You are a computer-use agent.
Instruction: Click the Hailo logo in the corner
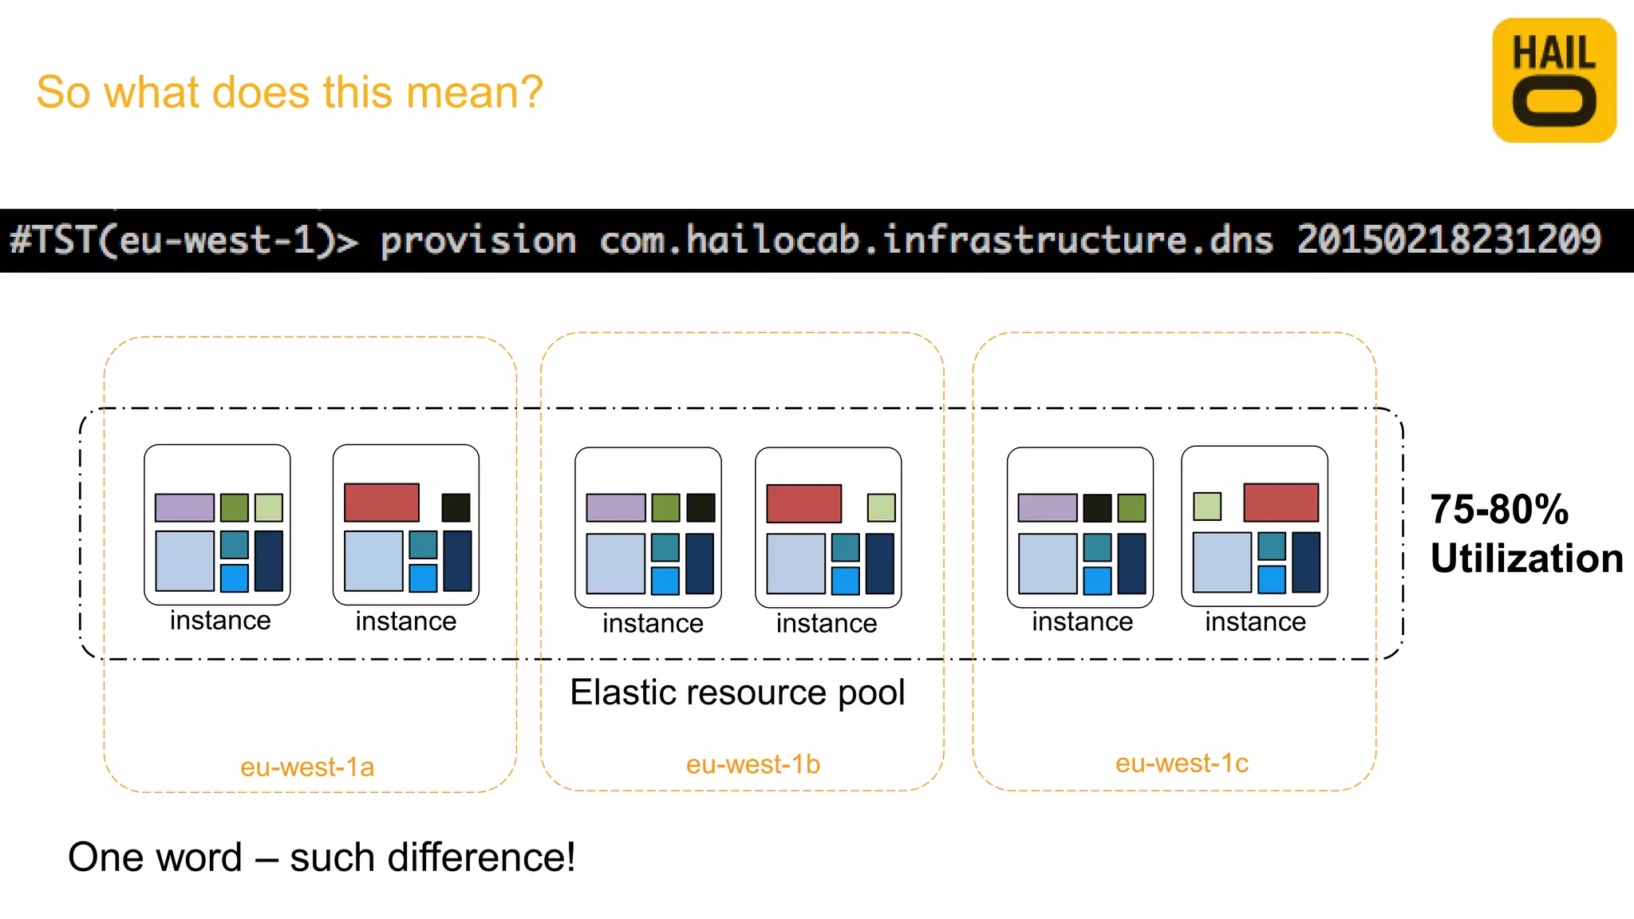[x=1553, y=81]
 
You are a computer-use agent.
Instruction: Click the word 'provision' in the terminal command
[x=478, y=241]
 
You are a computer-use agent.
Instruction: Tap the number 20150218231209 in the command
[x=1448, y=240]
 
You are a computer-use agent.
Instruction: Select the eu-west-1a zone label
[x=307, y=767]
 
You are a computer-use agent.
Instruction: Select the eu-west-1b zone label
[x=752, y=764]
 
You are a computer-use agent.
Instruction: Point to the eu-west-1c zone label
[x=1181, y=763]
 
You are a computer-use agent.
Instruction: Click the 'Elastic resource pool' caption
[x=737, y=692]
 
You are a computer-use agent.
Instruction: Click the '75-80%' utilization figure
[x=1498, y=510]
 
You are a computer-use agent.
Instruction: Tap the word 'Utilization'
[x=1525, y=558]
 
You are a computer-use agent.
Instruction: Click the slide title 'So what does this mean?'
[x=290, y=92]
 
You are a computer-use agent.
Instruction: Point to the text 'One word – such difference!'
[x=321, y=858]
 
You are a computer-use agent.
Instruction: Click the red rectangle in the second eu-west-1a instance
[x=381, y=503]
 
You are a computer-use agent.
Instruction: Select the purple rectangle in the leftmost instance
[x=184, y=507]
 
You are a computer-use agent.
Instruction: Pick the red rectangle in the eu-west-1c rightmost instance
[x=1281, y=503]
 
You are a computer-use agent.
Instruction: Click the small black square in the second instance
[x=456, y=507]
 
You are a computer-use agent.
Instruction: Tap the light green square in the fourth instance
[x=881, y=507]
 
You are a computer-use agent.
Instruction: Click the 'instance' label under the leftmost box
[x=220, y=621]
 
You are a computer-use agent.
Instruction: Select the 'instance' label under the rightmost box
[x=1255, y=622]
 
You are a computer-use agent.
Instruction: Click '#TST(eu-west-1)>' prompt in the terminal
[x=184, y=241]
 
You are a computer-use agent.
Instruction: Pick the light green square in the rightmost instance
[x=1206, y=506]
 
